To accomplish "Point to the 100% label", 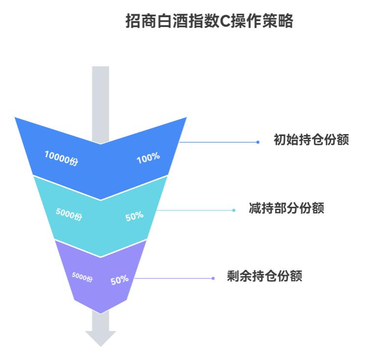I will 148,158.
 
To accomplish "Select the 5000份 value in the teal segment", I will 69,215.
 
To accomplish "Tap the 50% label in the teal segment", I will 134,216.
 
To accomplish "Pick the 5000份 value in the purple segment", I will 82,277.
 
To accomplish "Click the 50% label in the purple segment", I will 119,280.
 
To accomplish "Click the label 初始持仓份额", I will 311,140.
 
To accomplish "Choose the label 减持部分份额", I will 287,208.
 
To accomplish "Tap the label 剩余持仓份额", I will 264,276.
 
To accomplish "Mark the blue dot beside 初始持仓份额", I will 258,142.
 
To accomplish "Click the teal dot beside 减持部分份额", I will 234,210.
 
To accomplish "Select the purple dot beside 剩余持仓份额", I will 213,278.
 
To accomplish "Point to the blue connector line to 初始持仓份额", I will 218,142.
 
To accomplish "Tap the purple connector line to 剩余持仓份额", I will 174,278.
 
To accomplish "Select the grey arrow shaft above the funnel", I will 101,98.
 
